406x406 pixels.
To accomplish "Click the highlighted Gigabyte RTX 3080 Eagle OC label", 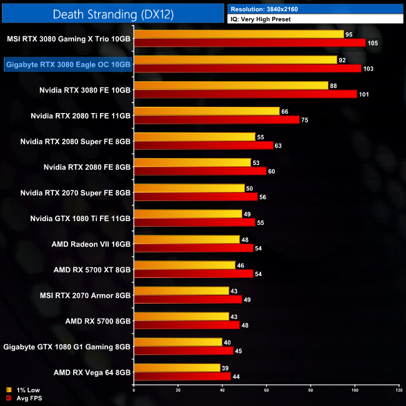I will [x=68, y=64].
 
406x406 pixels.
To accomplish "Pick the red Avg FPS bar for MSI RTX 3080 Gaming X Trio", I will [x=249, y=42].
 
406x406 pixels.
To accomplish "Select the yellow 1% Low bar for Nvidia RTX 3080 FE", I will [x=231, y=86].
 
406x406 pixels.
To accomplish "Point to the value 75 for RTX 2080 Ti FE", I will [x=305, y=120].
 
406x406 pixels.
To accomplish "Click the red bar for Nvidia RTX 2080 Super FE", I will [x=204, y=146].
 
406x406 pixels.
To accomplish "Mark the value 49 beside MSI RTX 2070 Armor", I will [x=247, y=299].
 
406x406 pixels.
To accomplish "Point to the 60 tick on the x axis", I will [x=267, y=390].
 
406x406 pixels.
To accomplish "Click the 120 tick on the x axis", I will [x=399, y=390].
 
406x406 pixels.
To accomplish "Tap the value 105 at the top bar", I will [x=374, y=43].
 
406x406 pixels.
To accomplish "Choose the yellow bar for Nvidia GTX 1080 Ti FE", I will [x=188, y=214].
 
